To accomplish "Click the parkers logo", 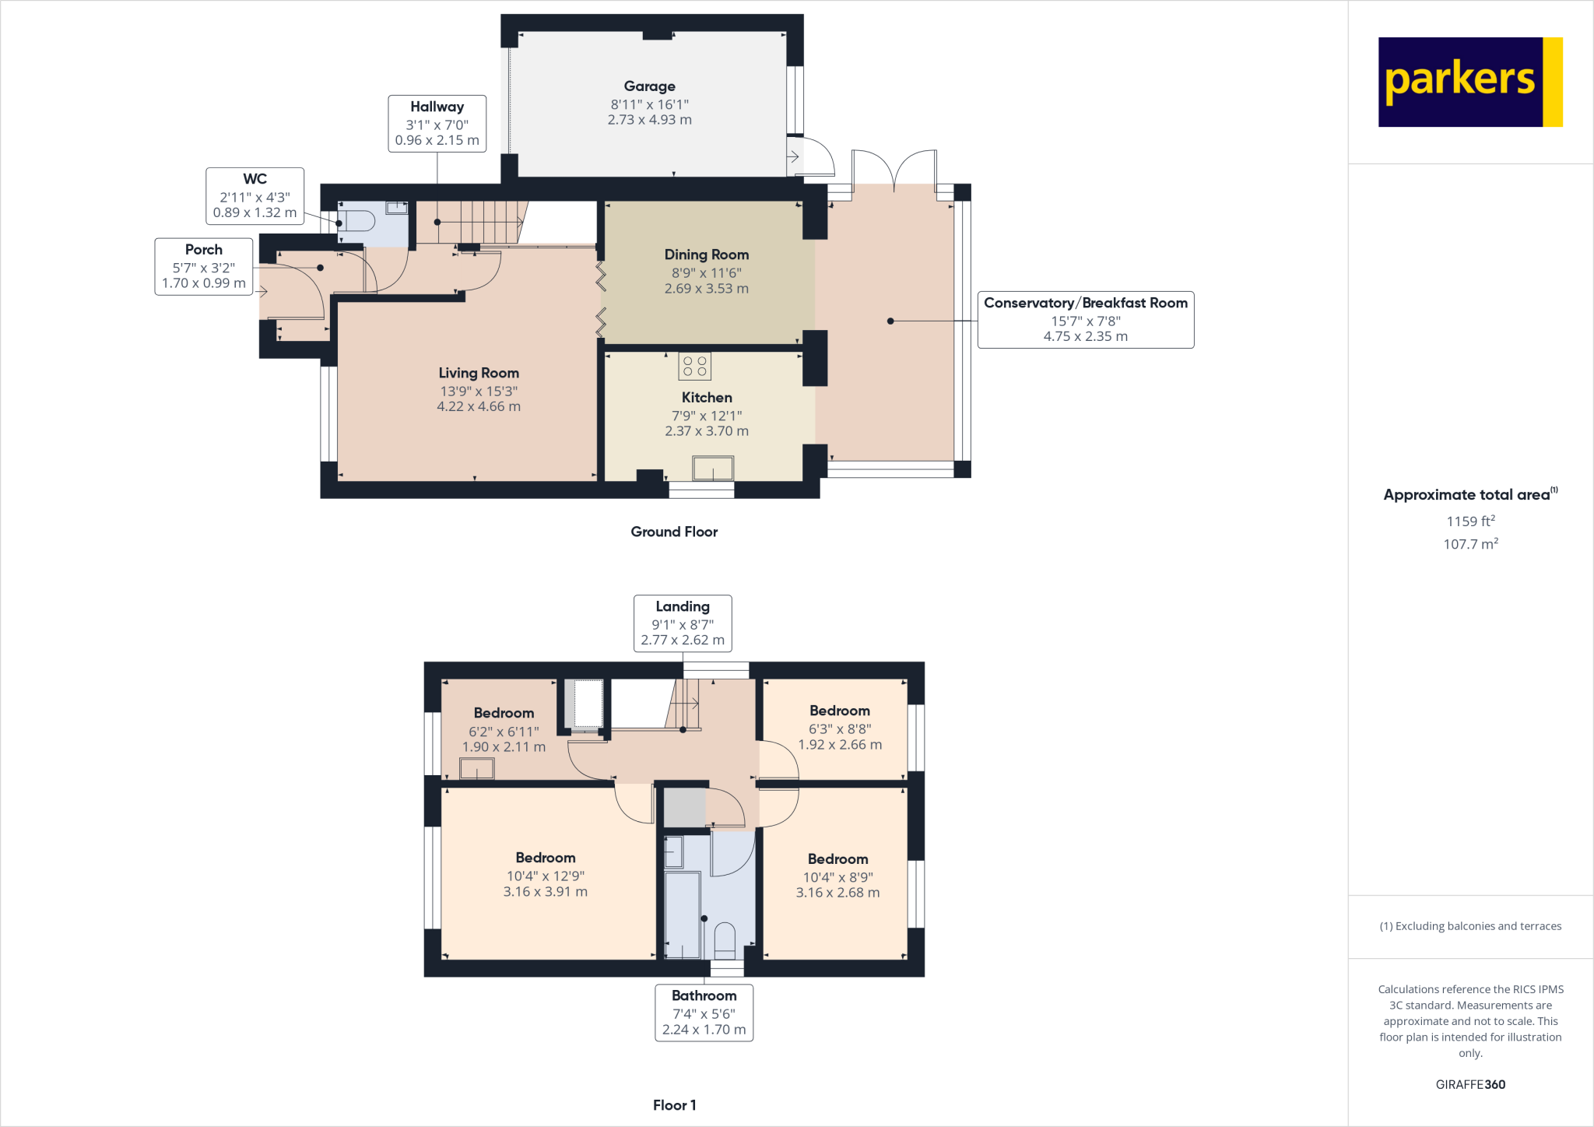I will point(1469,82).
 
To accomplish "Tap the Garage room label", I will point(649,86).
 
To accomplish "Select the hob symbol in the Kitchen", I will point(694,366).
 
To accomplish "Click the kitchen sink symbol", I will point(713,469).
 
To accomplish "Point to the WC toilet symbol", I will point(357,221).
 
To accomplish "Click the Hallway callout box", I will point(437,123).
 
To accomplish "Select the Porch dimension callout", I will point(203,266).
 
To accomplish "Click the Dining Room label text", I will point(706,255).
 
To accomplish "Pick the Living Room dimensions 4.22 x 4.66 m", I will point(478,406).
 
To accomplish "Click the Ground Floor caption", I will point(674,532).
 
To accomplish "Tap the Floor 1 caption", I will point(674,1105).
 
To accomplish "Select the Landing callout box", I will point(682,623).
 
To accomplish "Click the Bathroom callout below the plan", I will point(704,1012).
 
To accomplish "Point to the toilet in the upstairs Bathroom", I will point(725,939).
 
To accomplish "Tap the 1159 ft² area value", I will point(1469,521).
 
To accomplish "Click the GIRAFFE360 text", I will point(1469,1084).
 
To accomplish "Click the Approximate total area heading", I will point(1466,495).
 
